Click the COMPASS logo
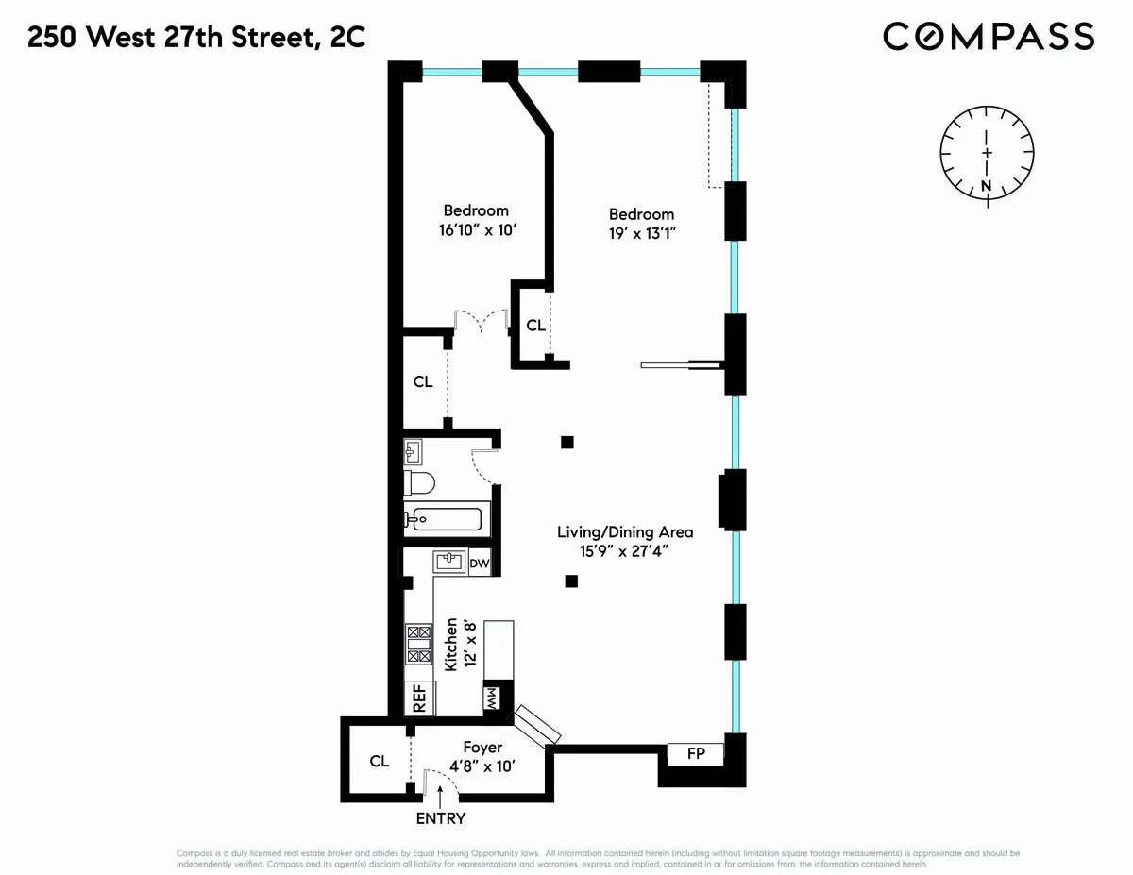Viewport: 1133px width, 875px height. coord(989,37)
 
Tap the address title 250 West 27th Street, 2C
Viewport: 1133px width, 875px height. coord(195,38)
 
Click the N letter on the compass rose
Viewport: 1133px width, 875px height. coord(987,185)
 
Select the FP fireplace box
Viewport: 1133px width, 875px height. coord(695,753)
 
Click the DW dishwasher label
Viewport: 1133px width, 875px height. coord(480,564)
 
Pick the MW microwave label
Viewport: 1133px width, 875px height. coord(492,699)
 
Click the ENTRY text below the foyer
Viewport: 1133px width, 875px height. coord(440,818)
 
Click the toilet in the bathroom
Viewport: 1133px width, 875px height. coord(418,484)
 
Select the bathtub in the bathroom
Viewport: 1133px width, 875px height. coord(444,518)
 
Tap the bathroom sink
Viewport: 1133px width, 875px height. coord(414,451)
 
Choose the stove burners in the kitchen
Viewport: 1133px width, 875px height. coord(418,644)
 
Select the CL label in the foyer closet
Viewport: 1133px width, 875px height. coord(380,761)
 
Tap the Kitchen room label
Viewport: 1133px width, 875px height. coord(451,645)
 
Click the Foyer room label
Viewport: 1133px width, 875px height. coord(482,747)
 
